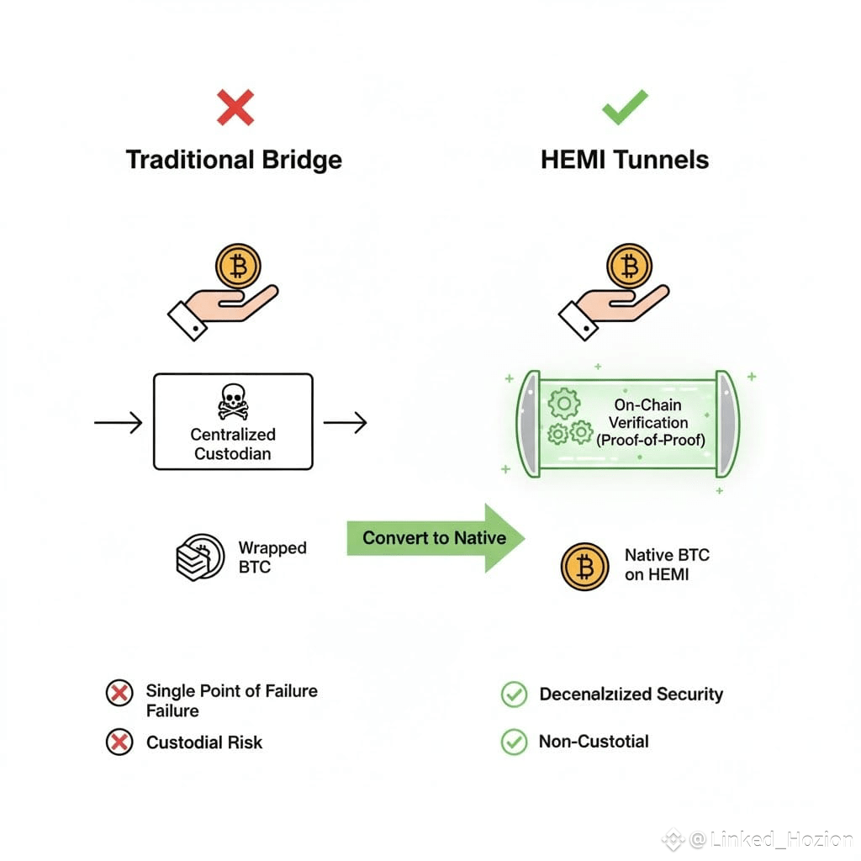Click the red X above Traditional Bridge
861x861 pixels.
235,107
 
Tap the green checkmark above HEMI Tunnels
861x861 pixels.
625,107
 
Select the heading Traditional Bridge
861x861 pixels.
234,160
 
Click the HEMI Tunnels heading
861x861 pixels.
625,160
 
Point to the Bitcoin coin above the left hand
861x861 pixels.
239,267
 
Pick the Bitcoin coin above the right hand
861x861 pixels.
628,267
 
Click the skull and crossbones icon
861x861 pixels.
233,402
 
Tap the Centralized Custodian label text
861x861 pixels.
233,444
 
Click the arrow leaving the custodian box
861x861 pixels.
345,422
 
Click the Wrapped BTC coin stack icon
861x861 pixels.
199,557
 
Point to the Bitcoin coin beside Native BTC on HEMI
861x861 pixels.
584,566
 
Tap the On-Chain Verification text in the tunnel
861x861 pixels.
648,422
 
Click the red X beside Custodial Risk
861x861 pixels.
119,742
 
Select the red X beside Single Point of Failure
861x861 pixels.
119,693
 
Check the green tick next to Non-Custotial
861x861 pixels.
513,742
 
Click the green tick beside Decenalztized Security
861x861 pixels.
513,695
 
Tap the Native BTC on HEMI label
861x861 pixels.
667,565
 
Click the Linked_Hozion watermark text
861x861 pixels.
771,839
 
